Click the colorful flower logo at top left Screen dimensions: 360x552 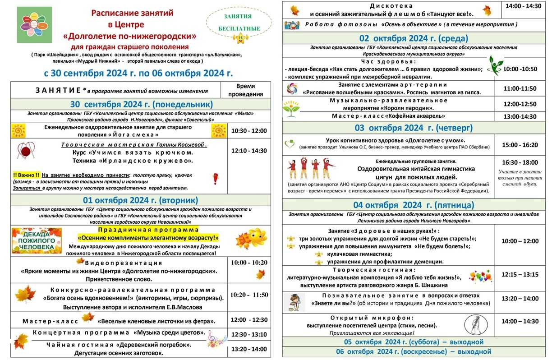pos(34,25)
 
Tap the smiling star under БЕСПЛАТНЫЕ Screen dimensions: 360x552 pos(239,38)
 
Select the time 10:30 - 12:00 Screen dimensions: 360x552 pos(249,131)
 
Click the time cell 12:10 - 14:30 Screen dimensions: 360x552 pos(249,151)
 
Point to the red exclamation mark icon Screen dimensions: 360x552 pos(215,179)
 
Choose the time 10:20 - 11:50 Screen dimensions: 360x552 pos(249,295)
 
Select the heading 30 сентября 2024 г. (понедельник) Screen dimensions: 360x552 pos(141,104)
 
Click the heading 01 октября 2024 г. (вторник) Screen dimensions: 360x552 pos(141,200)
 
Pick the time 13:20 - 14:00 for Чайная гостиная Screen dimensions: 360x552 pos(249,349)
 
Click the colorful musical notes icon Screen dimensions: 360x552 pos(217,338)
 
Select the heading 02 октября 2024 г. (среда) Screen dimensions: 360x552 pos(414,38)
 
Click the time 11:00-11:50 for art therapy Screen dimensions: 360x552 pos(520,88)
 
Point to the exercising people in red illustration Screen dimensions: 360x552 pos(311,169)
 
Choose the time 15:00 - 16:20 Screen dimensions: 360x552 pos(520,145)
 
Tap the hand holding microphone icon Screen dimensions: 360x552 pos(476,324)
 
